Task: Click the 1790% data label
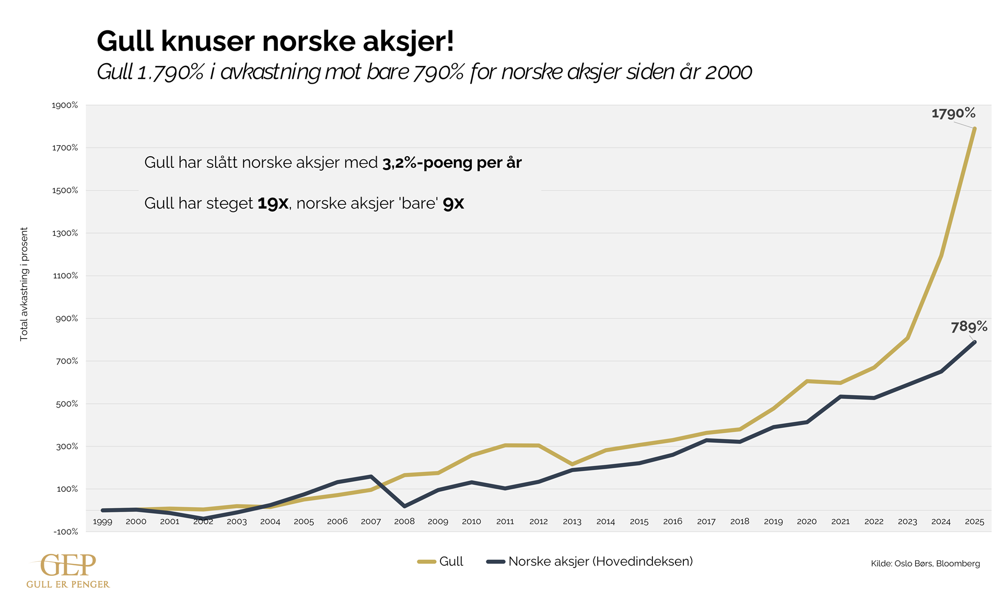click(953, 113)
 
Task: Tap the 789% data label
click(969, 327)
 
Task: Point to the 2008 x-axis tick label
click(404, 522)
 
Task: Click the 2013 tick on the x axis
click(572, 522)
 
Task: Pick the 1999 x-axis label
click(102, 522)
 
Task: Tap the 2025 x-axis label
click(974, 522)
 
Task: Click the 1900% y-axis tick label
click(65, 106)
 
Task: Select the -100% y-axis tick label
click(65, 532)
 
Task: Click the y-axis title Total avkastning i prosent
click(24, 284)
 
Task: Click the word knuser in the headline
click(207, 41)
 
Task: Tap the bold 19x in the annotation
click(273, 203)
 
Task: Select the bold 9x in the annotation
click(453, 203)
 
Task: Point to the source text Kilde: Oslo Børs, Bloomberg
click(925, 563)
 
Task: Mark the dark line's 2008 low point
click(405, 506)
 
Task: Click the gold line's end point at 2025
click(974, 129)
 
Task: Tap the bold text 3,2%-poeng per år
click(452, 163)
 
